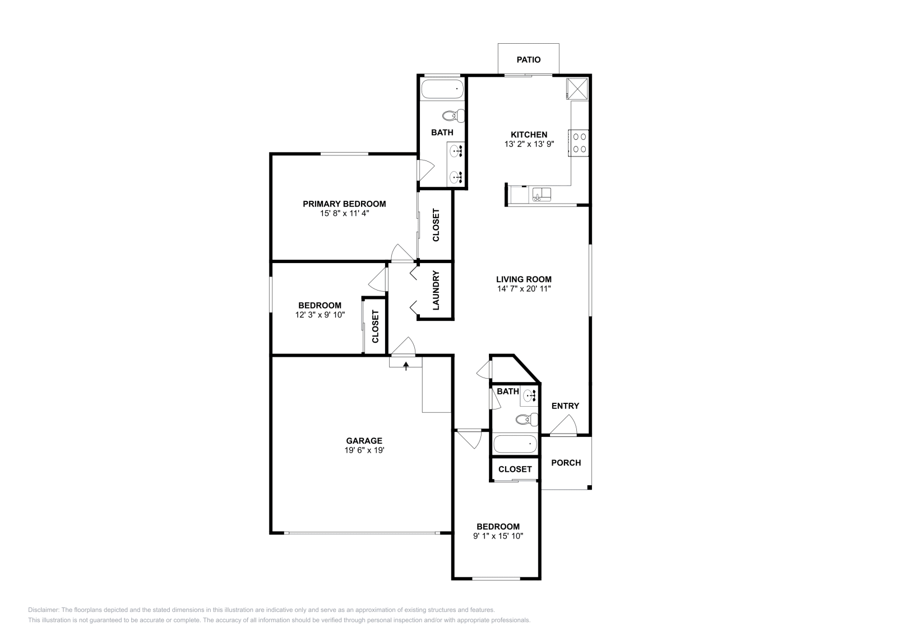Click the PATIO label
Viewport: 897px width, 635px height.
coord(529,59)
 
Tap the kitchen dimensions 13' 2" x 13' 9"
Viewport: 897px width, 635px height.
coord(529,144)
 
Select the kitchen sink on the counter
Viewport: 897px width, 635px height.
coord(542,195)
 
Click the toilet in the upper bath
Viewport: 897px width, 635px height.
coord(454,116)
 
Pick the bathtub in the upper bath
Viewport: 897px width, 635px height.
coord(442,89)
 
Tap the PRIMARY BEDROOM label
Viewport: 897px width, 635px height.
coord(344,204)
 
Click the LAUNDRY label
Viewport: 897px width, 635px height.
coord(436,291)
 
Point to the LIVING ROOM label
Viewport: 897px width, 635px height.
coord(524,279)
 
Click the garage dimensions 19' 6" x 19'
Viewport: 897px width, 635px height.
coord(364,450)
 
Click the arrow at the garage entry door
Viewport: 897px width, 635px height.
coord(405,366)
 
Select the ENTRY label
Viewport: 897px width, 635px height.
coord(565,406)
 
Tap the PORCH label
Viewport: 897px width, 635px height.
coord(566,463)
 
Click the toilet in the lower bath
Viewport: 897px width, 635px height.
coord(526,419)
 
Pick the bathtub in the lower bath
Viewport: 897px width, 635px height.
coord(515,445)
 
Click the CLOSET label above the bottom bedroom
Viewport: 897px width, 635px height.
coord(515,469)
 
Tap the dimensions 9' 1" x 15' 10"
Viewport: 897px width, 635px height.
coord(498,536)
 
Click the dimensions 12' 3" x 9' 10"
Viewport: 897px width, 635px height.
coord(320,315)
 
